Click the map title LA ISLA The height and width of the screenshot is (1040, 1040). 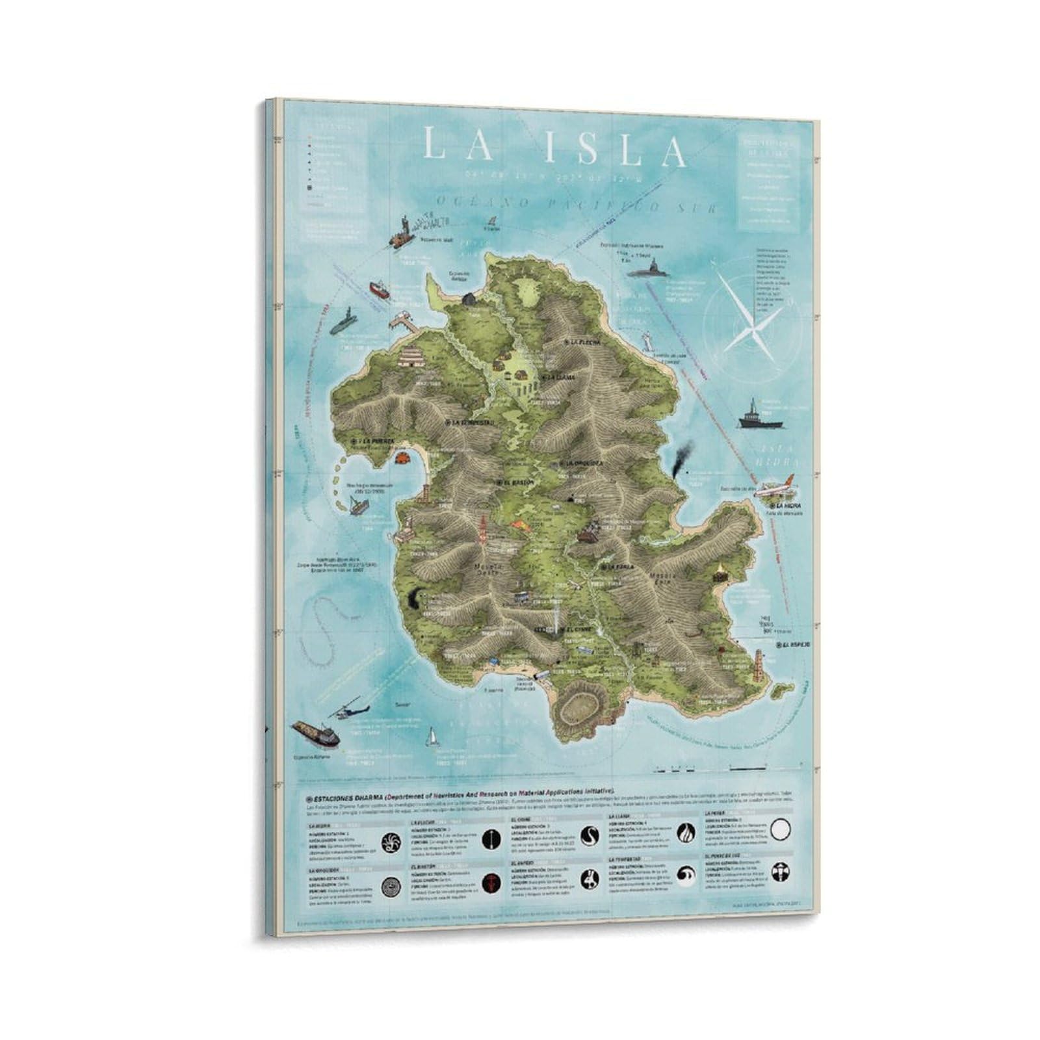554,148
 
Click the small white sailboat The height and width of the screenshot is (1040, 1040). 431,737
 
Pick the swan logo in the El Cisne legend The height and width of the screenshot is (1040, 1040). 589,835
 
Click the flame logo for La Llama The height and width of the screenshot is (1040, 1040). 686,833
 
